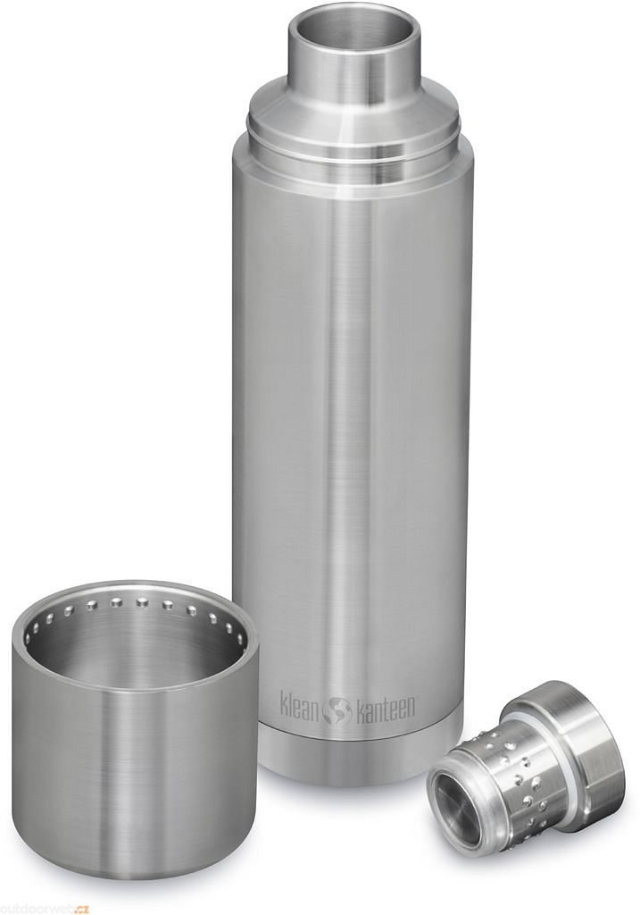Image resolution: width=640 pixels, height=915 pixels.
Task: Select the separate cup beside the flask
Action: click(132, 728)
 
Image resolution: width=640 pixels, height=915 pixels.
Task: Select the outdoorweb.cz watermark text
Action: click(45, 910)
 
